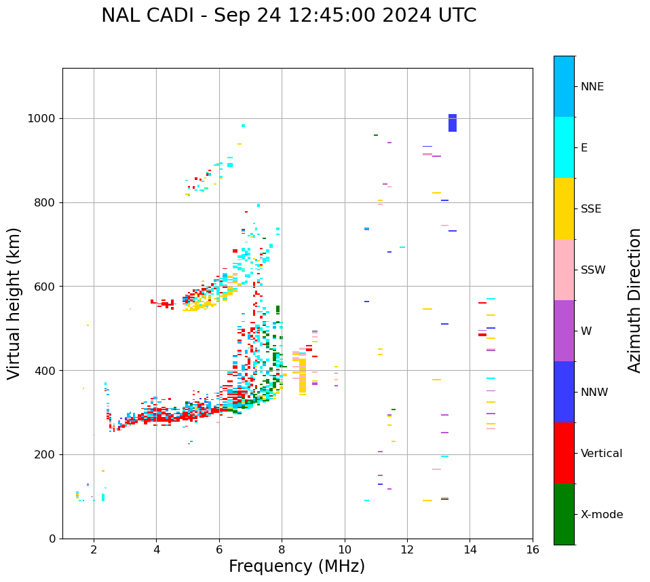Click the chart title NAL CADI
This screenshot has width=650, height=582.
click(x=288, y=16)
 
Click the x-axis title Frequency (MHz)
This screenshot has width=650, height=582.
click(x=297, y=566)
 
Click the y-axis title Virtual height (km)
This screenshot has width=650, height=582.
click(x=14, y=303)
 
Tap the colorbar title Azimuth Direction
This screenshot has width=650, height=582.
click(x=634, y=300)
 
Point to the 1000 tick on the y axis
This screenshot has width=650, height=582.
click(x=45, y=119)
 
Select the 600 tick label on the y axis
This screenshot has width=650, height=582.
click(x=48, y=287)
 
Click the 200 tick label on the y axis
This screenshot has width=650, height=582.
click(x=48, y=454)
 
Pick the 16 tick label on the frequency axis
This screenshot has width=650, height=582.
click(x=533, y=549)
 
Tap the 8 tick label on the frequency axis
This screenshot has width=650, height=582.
click(x=282, y=549)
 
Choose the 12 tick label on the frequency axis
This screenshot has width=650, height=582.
click(x=407, y=549)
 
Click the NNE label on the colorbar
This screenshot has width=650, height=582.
click(x=592, y=87)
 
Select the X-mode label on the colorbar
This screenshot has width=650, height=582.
click(x=602, y=515)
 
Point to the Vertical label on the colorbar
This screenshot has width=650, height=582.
click(x=601, y=454)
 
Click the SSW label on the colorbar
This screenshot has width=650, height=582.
click(x=593, y=270)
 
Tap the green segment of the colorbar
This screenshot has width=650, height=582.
click(x=564, y=514)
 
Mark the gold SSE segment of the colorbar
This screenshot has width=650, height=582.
click(x=564, y=208)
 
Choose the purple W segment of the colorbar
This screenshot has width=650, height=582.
click(x=564, y=331)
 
